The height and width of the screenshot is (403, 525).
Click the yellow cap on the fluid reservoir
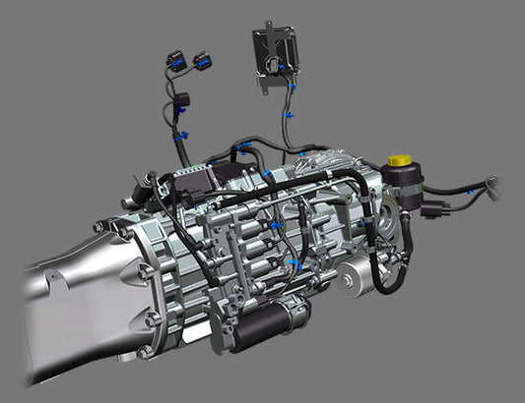click(x=399, y=159)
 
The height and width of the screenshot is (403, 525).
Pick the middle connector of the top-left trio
click(x=204, y=62)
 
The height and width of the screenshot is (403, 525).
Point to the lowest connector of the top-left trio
click(x=182, y=100)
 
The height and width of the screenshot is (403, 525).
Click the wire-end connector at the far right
click(x=492, y=185)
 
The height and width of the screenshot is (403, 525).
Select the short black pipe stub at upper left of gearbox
click(x=144, y=185)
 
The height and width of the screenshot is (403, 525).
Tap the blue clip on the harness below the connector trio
click(x=179, y=137)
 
